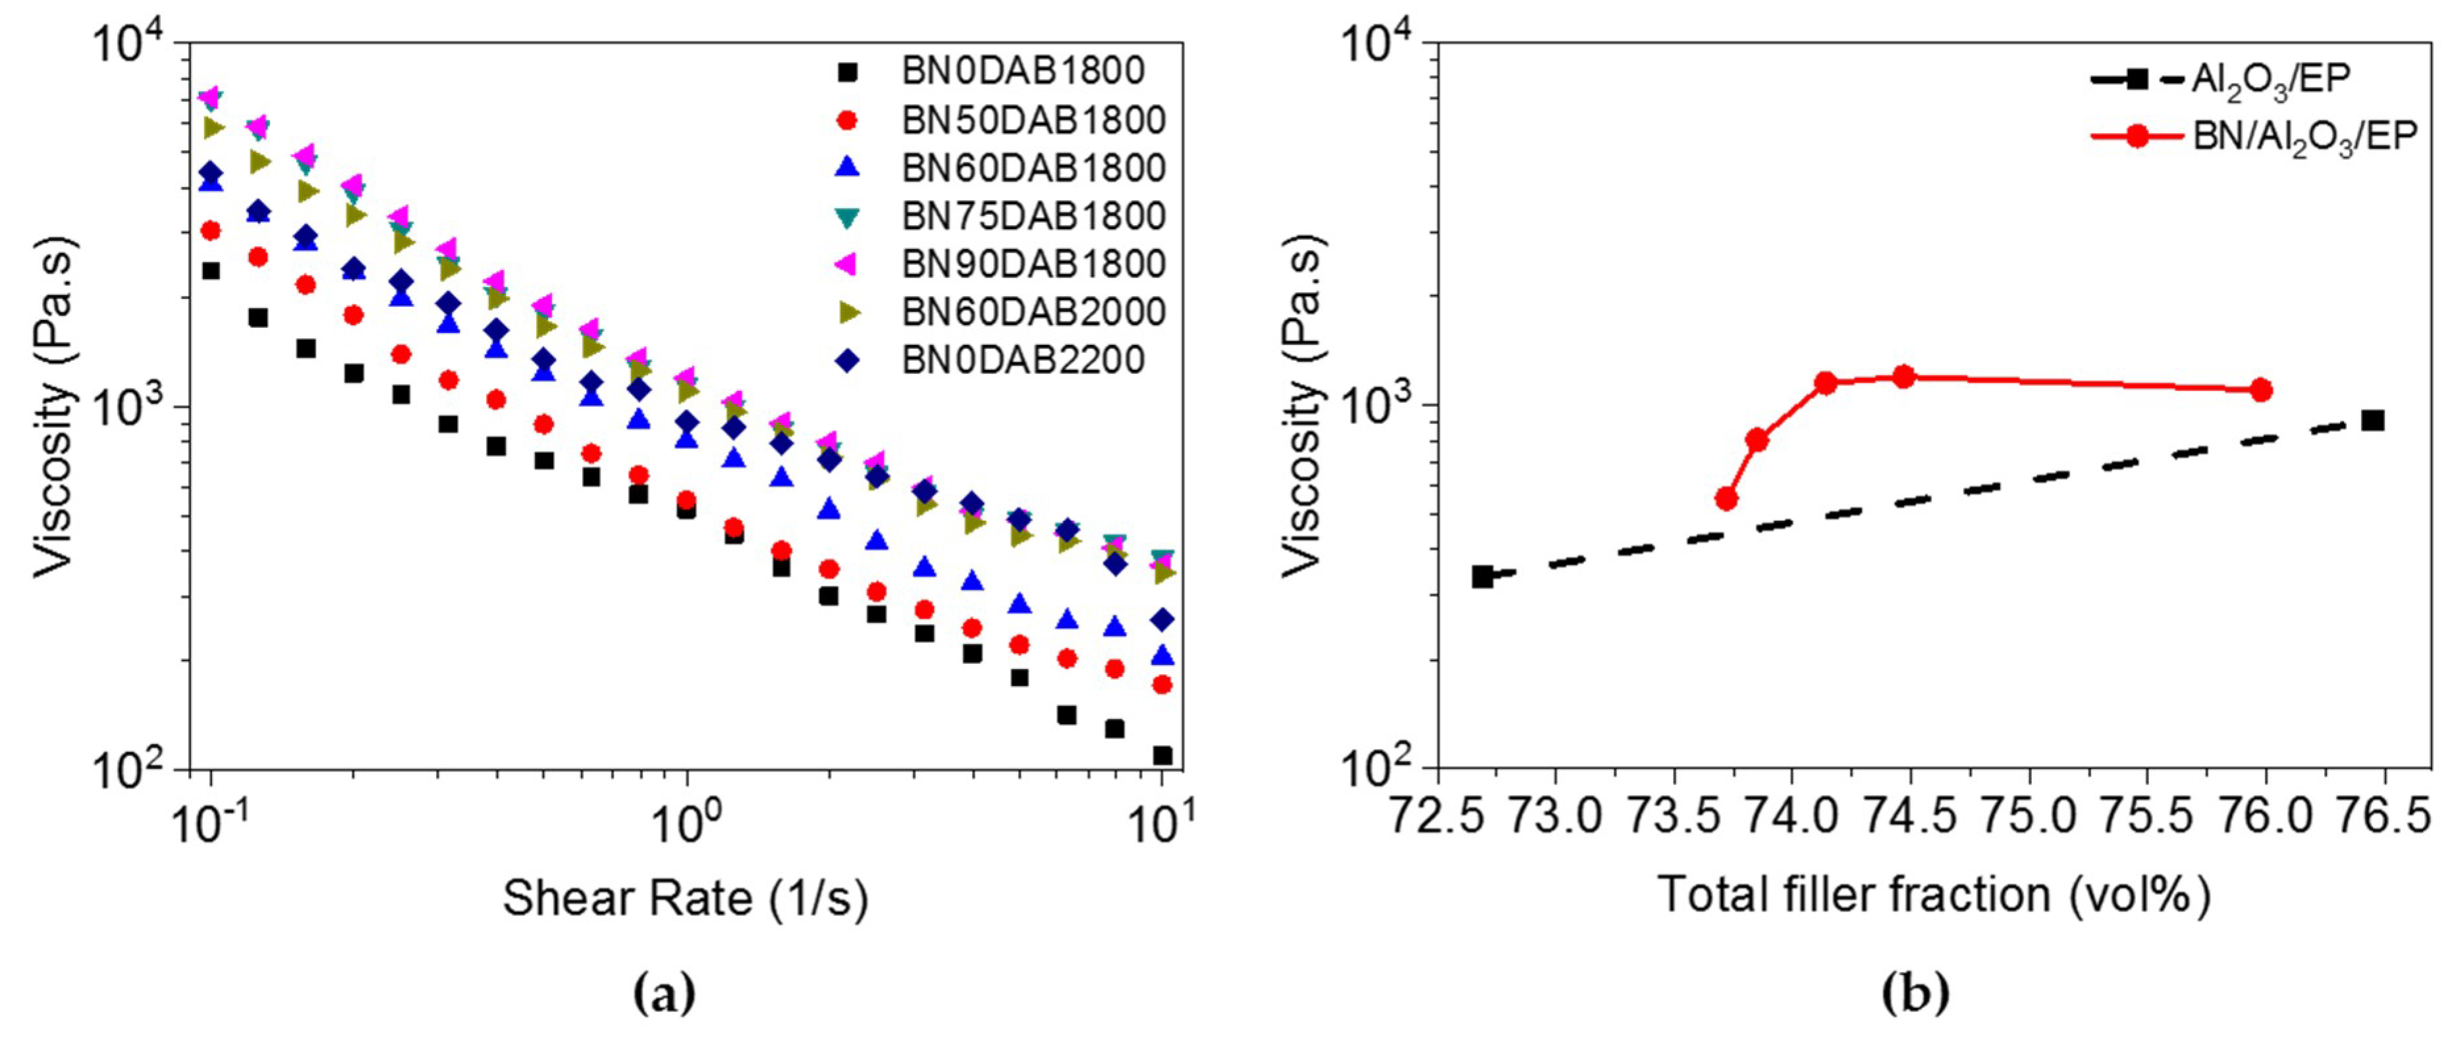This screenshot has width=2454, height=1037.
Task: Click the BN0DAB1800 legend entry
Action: (1022, 71)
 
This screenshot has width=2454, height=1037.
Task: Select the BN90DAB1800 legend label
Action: (1033, 264)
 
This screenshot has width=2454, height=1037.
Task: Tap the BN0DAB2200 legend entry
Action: (1022, 360)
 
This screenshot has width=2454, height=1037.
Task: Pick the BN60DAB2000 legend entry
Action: (1033, 311)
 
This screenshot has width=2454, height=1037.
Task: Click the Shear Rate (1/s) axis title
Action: (685, 898)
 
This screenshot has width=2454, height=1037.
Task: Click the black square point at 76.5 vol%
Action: (2373, 420)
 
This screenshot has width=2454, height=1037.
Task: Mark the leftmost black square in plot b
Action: (1483, 576)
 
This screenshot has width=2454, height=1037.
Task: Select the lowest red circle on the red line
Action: (1726, 498)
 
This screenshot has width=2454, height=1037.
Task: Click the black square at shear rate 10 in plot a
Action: (1162, 755)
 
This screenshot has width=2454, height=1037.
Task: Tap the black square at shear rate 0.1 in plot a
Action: (211, 271)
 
